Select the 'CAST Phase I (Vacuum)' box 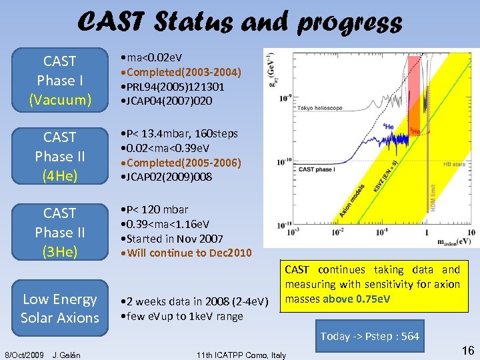tap(59, 81)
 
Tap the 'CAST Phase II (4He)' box tap(59, 157)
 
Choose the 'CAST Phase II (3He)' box tap(59, 232)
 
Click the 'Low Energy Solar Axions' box tap(59, 309)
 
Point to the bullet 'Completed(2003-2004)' tap(180, 73)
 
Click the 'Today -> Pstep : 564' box tap(369, 336)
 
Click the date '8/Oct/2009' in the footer tap(25, 355)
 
